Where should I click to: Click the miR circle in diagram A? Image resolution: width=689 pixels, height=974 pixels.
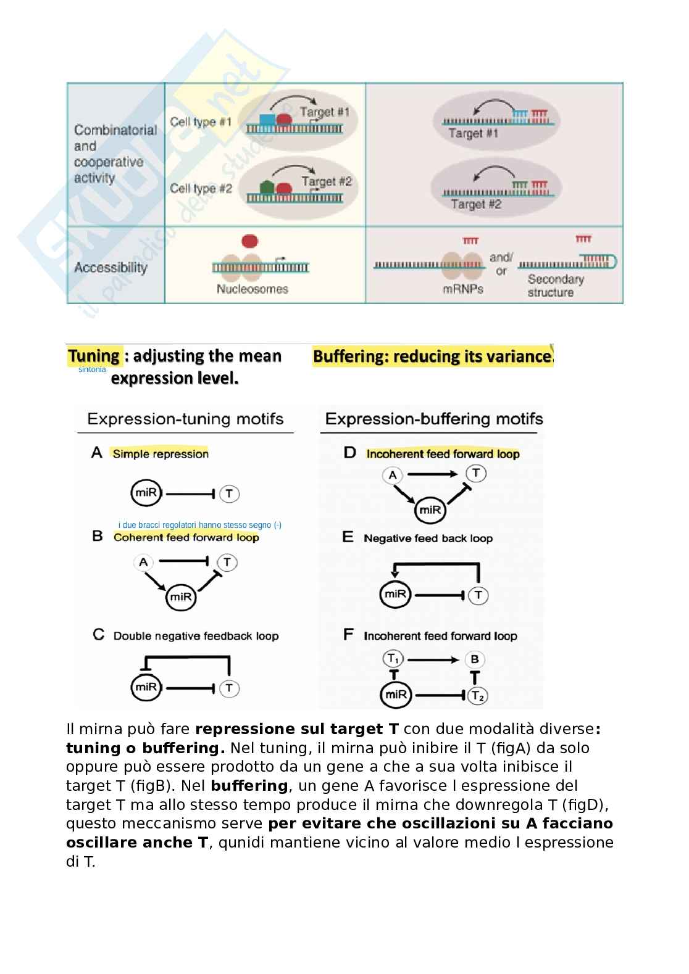tap(146, 493)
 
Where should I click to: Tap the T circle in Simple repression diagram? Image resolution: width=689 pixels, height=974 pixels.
tap(229, 493)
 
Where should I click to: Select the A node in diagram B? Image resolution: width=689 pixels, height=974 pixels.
tap(143, 562)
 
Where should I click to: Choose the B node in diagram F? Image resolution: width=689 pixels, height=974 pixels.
tap(474, 659)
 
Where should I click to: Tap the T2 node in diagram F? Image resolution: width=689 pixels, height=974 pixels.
tap(477, 696)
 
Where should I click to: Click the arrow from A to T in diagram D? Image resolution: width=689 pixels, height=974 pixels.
tap(432, 474)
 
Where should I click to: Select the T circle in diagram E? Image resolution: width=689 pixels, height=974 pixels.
tap(478, 595)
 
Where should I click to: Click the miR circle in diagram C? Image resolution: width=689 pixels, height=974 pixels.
tap(146, 687)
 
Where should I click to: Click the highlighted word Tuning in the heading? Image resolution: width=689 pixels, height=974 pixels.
tap(94, 356)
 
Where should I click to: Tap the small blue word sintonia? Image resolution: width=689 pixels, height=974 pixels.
tap(92, 369)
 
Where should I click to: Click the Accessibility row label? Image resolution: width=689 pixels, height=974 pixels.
tap(111, 268)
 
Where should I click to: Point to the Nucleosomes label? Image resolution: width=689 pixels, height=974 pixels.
tap(252, 289)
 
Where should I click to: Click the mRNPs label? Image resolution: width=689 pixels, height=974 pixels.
tap(463, 289)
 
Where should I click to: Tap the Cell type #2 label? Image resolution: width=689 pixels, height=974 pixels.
tap(201, 189)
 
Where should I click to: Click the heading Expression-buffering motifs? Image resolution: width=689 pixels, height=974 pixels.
tap(433, 419)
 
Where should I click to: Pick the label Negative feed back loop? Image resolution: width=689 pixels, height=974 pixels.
tap(428, 539)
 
